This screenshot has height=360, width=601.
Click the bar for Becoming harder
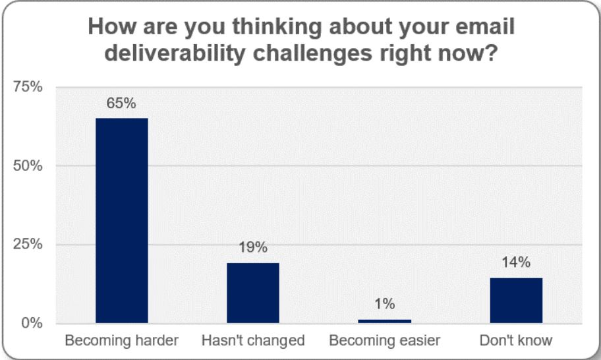coord(122,220)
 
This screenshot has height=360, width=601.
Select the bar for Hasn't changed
coord(253,293)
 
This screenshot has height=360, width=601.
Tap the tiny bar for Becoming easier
coord(384,321)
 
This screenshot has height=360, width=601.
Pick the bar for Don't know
coord(516,301)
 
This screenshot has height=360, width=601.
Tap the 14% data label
coord(516,262)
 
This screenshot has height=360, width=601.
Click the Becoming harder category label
coord(121,341)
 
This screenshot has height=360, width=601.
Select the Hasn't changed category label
coord(253,341)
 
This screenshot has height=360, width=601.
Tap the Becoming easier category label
coord(384,341)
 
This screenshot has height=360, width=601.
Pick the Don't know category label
coord(516,341)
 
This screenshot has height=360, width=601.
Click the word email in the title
coord(483,28)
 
